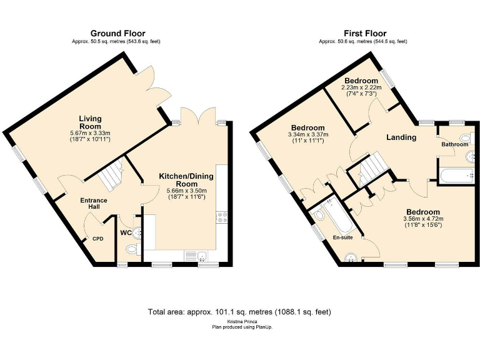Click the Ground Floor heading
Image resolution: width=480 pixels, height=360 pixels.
click(x=118, y=33)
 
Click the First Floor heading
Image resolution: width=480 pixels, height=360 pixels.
click(x=365, y=33)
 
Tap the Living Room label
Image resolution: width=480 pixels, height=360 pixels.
click(x=90, y=122)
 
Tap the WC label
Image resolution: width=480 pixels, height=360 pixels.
click(x=126, y=233)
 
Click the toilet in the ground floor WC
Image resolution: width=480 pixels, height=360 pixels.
click(x=132, y=249)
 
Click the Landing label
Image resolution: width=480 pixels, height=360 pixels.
click(x=401, y=137)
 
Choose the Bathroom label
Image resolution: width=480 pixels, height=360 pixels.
click(x=454, y=144)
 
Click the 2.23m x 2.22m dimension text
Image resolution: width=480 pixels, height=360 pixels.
click(x=361, y=87)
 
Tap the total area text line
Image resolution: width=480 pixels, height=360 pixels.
click(x=239, y=311)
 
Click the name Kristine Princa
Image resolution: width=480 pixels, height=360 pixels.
click(x=239, y=321)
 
